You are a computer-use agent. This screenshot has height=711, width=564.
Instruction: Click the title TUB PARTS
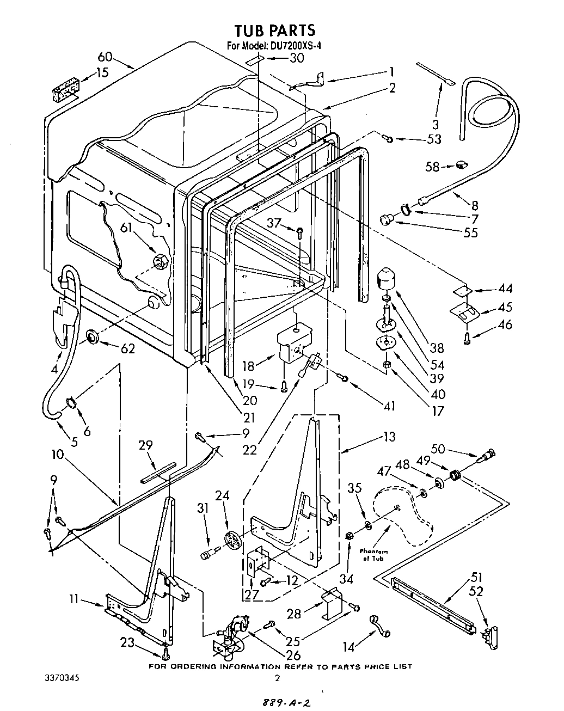275,30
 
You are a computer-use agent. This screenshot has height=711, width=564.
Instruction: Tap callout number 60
105,57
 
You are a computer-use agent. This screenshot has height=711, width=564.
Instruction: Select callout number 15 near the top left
102,72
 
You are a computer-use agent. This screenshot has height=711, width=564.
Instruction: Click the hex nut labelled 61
160,261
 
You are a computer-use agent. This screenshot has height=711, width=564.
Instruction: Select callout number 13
389,437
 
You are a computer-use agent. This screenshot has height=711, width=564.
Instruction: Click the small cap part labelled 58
462,163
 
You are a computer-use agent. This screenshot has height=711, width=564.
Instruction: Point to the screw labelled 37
299,232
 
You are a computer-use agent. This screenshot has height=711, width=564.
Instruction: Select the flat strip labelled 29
158,472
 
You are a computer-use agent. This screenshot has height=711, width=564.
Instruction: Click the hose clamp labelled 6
71,403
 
